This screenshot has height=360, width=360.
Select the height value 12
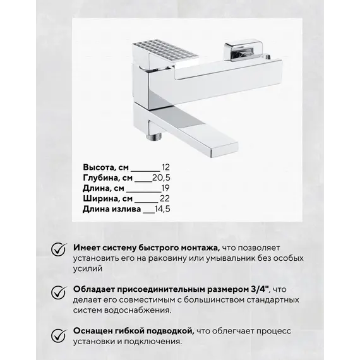click(x=166, y=167)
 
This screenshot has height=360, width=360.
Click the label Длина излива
click(x=111, y=210)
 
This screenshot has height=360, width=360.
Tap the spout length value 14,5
click(x=162, y=210)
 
